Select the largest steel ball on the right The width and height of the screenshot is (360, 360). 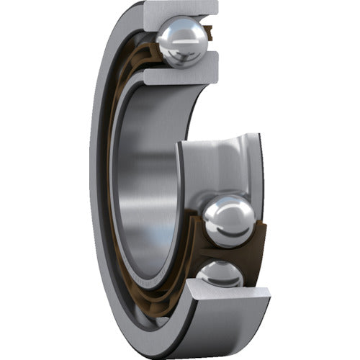[x=228, y=221]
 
